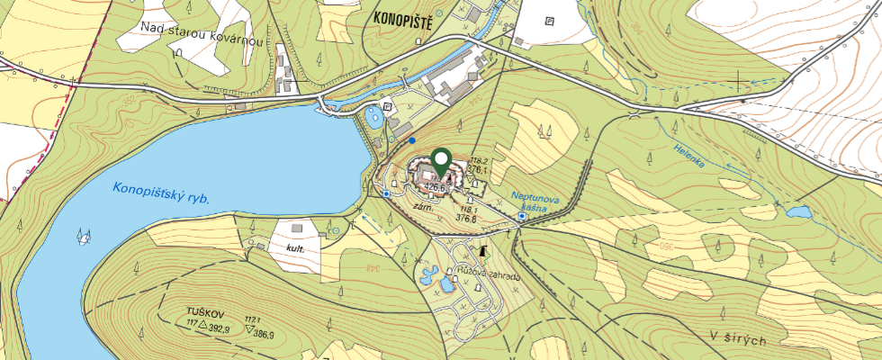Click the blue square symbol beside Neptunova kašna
point(522,216)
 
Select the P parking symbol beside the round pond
point(388,106)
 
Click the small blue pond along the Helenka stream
point(797,213)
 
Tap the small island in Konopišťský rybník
point(85,237)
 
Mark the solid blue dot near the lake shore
point(412,140)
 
